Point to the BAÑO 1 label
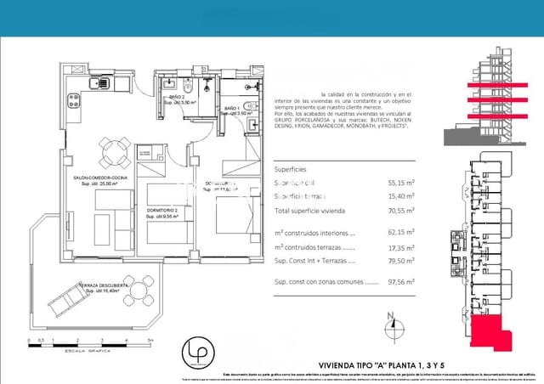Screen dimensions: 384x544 (x=234, y=110)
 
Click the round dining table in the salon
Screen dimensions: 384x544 (x=110, y=153)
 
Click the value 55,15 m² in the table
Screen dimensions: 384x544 (x=401, y=182)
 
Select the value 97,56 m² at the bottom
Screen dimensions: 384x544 (x=401, y=281)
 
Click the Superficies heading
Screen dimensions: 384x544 (x=294, y=168)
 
